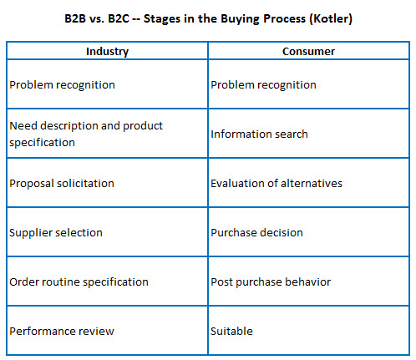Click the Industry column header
click(x=107, y=52)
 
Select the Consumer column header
click(x=308, y=52)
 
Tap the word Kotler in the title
click(x=331, y=18)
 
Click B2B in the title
click(x=75, y=18)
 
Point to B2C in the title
click(x=119, y=18)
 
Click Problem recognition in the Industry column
click(x=62, y=85)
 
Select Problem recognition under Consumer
click(x=263, y=85)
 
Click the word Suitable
click(x=231, y=332)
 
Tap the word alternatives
click(x=312, y=184)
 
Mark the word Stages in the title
click(x=162, y=19)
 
